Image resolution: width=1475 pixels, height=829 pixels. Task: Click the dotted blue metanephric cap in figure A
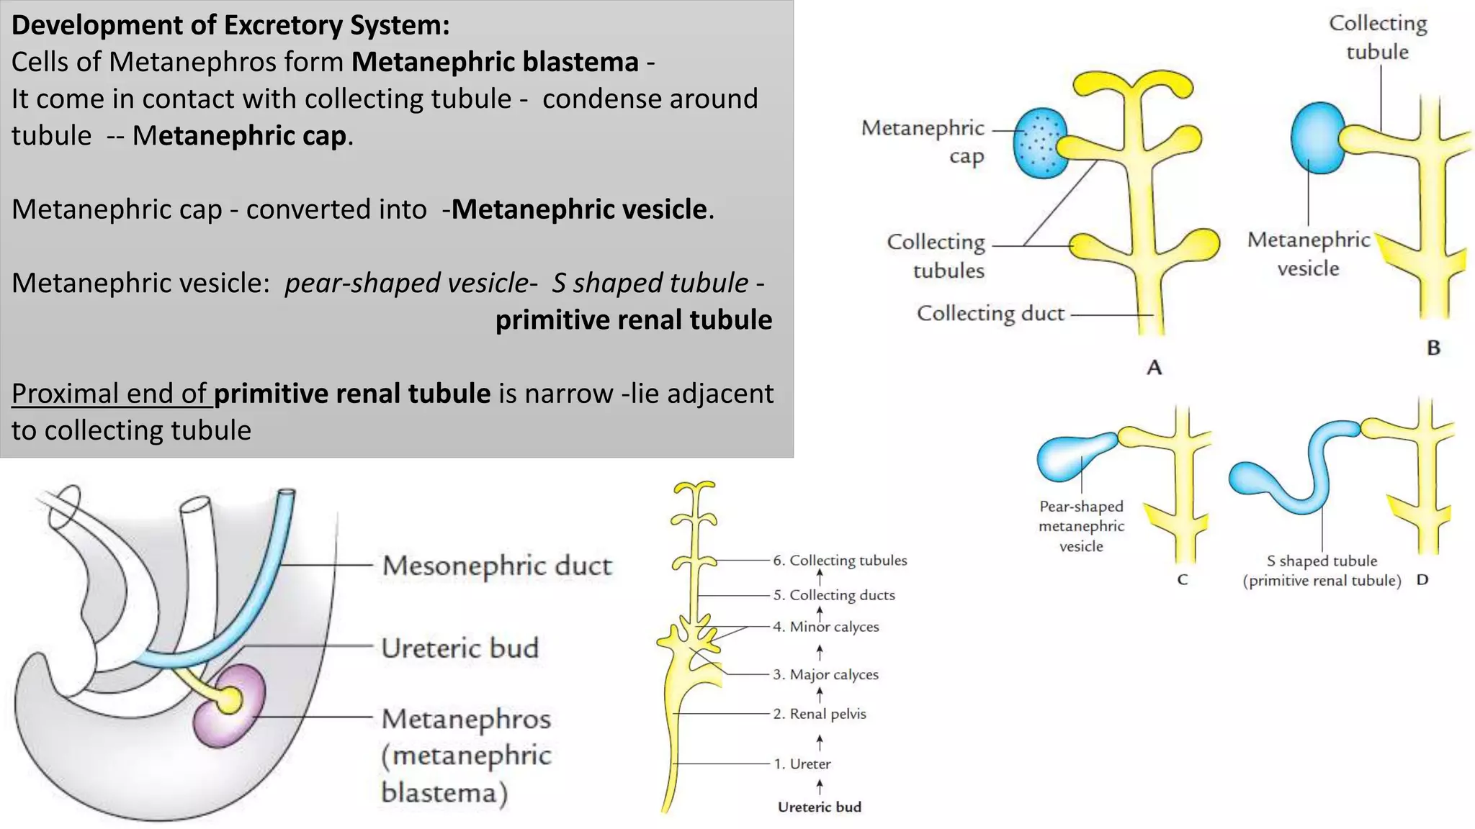coord(1039,142)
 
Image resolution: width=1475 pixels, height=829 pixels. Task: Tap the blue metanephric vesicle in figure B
coord(1317,137)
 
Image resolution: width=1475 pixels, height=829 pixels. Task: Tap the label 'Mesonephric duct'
coord(497,566)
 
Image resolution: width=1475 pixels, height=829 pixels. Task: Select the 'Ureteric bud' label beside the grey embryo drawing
coord(459,648)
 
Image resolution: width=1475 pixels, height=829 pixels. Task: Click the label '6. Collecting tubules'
coord(840,561)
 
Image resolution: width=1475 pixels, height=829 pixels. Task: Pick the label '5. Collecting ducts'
coord(834,595)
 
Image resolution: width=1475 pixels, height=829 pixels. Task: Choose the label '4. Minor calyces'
coord(826,627)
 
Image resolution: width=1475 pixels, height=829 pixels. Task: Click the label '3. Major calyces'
coord(826,675)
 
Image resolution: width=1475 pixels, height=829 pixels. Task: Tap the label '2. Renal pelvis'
coord(820,714)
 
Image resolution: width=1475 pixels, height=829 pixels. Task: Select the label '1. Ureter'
coord(802,764)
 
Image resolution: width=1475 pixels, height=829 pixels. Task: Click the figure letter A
coord(1155,368)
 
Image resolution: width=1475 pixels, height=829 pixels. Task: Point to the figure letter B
coord(1433,348)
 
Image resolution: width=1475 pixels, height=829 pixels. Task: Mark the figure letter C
coord(1182,580)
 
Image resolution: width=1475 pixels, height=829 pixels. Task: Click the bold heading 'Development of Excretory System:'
coord(230,25)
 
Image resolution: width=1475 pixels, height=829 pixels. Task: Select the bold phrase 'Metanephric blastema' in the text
coord(495,62)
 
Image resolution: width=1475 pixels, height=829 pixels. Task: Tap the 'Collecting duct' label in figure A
coord(990,314)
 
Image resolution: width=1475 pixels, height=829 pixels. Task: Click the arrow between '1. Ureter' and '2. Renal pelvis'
coord(820,740)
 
